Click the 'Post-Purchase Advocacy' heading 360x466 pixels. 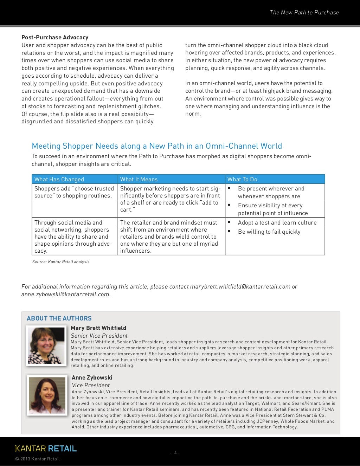coord(55,37)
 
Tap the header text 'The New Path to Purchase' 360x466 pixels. coord(304,12)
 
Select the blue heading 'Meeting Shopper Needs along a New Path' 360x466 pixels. coord(157,146)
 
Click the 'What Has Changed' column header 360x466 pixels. coord(59,179)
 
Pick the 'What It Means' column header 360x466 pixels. coord(139,179)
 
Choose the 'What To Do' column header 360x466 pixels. coord(242,179)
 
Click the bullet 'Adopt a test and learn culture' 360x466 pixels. coord(277,222)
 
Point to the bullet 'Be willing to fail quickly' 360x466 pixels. coord(269,232)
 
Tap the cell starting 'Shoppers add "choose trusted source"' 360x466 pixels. coord(74,192)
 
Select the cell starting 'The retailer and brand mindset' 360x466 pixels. coord(169,237)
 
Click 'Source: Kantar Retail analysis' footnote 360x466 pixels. coord(61,262)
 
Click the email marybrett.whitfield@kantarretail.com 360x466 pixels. coord(240,286)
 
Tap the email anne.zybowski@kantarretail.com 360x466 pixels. coord(65,294)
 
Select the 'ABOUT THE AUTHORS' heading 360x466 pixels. coord(59,318)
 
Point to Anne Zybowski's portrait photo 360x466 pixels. coord(47,395)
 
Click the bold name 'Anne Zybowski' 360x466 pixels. coord(92,377)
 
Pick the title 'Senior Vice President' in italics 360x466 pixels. coord(99,336)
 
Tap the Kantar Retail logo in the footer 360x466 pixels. coord(46,448)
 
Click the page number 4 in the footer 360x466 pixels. coord(175,453)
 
